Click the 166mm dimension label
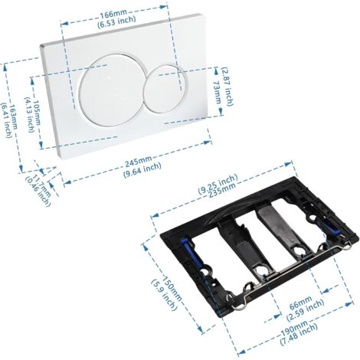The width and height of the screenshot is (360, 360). click(113, 15)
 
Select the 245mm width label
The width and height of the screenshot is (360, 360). click(138, 162)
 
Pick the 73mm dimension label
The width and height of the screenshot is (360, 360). click(217, 93)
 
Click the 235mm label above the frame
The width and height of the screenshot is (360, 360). click(222, 190)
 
